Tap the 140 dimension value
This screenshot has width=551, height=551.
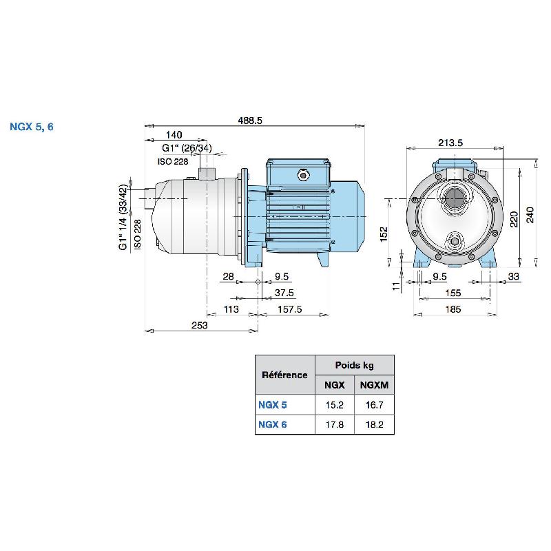(x=174, y=135)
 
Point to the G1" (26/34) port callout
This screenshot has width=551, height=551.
(x=187, y=148)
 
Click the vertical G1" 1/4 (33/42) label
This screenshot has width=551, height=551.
(x=123, y=217)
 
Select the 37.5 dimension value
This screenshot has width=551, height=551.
(x=284, y=292)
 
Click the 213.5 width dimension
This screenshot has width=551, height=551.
(x=450, y=143)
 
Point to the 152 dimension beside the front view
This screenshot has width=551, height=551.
(x=384, y=234)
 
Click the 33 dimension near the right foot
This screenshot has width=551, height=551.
(x=512, y=276)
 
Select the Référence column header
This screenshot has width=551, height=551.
(x=284, y=375)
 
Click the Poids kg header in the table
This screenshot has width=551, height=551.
(x=355, y=365)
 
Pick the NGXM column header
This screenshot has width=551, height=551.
(x=374, y=385)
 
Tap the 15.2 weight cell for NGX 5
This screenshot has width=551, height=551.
(x=335, y=405)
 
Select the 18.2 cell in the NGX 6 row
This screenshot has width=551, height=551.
(x=374, y=424)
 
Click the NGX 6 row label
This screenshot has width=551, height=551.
(x=273, y=424)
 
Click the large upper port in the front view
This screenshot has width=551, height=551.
(x=455, y=200)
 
